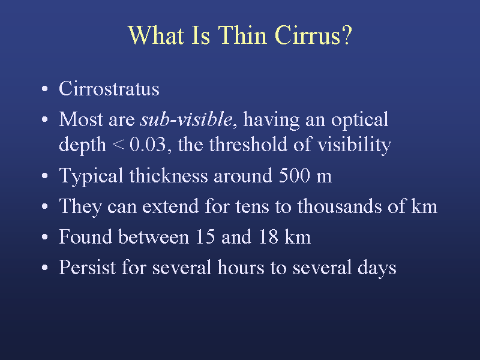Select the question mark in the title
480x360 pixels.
(347, 35)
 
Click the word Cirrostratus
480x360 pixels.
(109, 89)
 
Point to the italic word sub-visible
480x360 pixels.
(187, 119)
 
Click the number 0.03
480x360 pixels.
(148, 144)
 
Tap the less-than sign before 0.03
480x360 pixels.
(118, 145)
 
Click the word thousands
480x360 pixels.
(340, 206)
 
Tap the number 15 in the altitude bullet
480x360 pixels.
(205, 237)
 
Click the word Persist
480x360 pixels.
(87, 267)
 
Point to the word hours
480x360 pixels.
(241, 267)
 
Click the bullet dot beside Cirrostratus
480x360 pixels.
(44, 89)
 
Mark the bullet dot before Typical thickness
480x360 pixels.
(44, 176)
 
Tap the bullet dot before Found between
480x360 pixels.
(44, 237)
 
